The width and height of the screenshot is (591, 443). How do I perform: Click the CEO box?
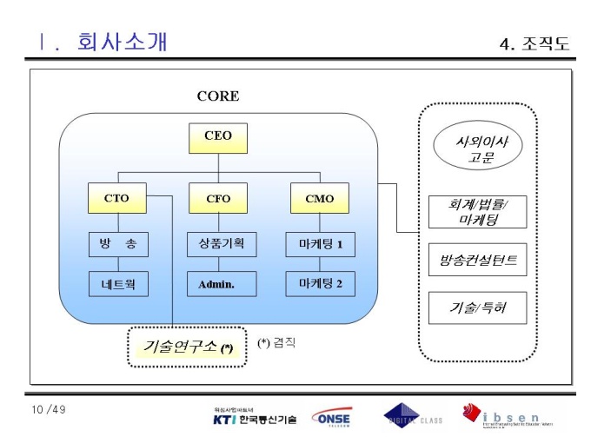[218, 136]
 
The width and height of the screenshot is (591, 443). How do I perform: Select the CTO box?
[116, 199]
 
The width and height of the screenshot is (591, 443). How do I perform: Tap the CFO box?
[218, 199]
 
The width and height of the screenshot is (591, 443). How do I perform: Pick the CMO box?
[319, 199]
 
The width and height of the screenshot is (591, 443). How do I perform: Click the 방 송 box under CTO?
[117, 244]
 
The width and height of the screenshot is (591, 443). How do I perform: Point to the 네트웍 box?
[117, 283]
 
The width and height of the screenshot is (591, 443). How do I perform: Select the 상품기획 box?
[222, 244]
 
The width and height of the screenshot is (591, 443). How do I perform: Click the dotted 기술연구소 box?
[188, 347]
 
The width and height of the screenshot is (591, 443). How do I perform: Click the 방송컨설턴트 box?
[477, 260]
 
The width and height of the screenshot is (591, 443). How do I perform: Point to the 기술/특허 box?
[477, 307]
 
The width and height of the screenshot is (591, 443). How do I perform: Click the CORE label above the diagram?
[217, 96]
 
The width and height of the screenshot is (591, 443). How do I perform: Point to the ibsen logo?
[508, 416]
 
